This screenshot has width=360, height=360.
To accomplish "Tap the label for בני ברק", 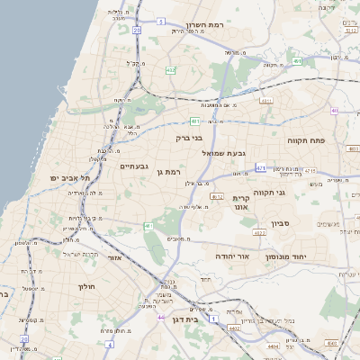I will (192, 139).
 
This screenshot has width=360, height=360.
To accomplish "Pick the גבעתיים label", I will (133, 166).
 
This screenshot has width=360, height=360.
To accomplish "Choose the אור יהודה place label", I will (231, 256).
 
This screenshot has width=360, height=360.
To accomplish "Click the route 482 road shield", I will (170, 69).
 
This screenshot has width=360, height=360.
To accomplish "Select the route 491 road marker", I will (265, 101).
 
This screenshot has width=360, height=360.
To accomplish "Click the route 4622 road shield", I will (259, 233).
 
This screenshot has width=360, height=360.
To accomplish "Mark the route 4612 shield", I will (217, 195).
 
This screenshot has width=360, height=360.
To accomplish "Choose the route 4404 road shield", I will (273, 345).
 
